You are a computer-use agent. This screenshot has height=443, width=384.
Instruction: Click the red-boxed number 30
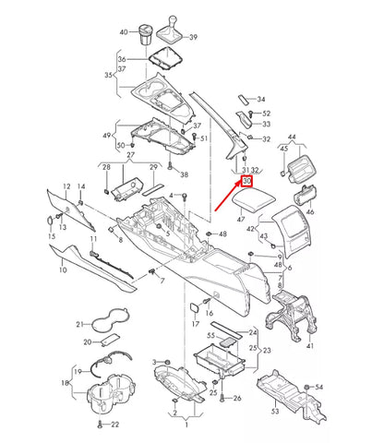tap(246, 183)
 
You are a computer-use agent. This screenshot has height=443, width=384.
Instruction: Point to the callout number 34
tap(261, 99)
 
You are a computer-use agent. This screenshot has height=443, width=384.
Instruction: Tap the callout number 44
tap(292, 136)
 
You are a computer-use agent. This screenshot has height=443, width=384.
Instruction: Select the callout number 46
tap(310, 211)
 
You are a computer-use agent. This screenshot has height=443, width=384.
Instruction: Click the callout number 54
tap(319, 385)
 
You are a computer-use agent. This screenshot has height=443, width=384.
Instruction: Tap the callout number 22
tap(114, 425)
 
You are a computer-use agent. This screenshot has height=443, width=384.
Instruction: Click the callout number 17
tap(196, 324)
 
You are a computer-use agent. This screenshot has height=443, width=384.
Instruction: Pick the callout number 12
tap(66, 187)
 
